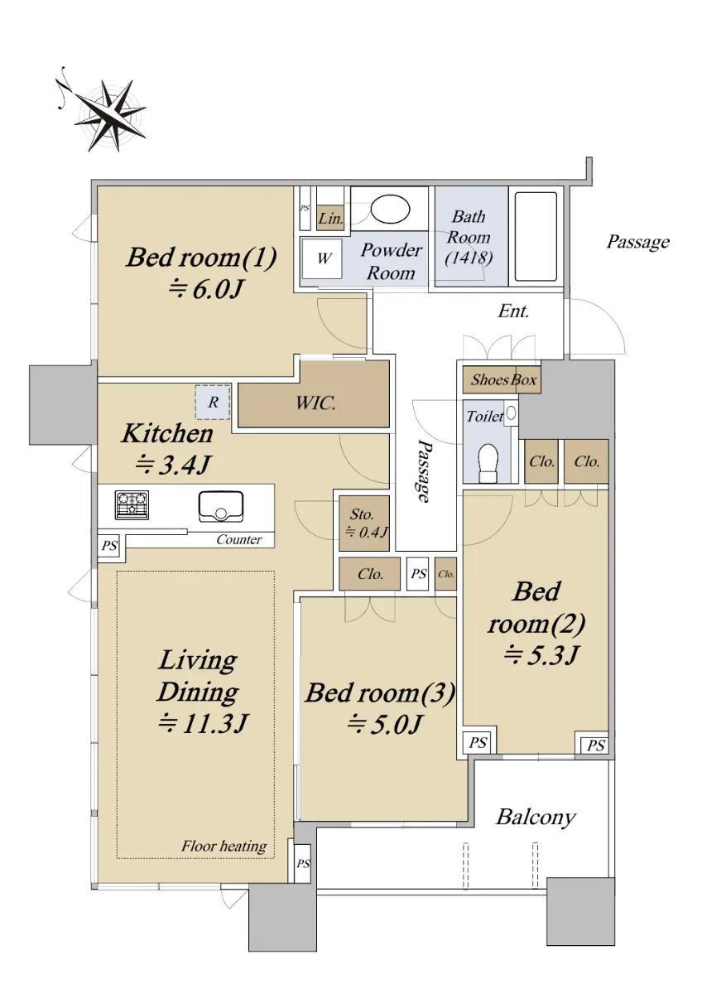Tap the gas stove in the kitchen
click(132, 505)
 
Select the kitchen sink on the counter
click(221, 507)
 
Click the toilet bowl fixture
click(488, 463)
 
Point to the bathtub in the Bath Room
click(536, 237)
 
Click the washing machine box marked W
click(322, 258)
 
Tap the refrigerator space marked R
click(213, 402)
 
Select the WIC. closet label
click(315, 403)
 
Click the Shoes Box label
click(503, 379)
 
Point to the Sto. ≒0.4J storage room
click(364, 524)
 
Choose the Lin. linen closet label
click(331, 219)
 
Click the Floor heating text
click(224, 846)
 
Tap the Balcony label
click(536, 817)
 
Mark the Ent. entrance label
click(513, 311)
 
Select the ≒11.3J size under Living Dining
click(203, 724)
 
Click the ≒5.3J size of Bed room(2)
click(541, 654)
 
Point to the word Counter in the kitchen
click(239, 539)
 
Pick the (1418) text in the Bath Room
click(469, 258)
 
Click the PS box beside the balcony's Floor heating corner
click(303, 863)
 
